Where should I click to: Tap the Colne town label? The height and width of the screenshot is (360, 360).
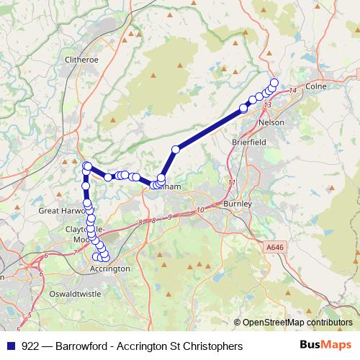tap(316, 86)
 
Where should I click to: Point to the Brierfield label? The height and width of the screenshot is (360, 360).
tap(249, 143)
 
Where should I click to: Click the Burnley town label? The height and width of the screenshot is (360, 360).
tap(238, 204)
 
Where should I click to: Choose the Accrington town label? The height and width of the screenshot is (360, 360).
tap(110, 269)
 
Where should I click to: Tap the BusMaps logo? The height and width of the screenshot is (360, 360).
tap(325, 346)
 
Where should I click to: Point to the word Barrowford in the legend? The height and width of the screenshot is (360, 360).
tap(86, 346)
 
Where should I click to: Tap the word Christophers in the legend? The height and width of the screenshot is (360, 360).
tap(212, 346)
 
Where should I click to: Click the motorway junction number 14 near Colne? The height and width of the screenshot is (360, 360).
tap(292, 91)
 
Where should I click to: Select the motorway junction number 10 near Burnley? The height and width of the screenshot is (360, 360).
tap(199, 210)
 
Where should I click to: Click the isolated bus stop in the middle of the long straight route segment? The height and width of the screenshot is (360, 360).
tap(175, 149)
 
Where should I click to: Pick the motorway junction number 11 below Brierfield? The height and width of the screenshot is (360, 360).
tap(232, 184)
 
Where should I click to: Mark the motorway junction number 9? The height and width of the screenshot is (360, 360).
tap(169, 216)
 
